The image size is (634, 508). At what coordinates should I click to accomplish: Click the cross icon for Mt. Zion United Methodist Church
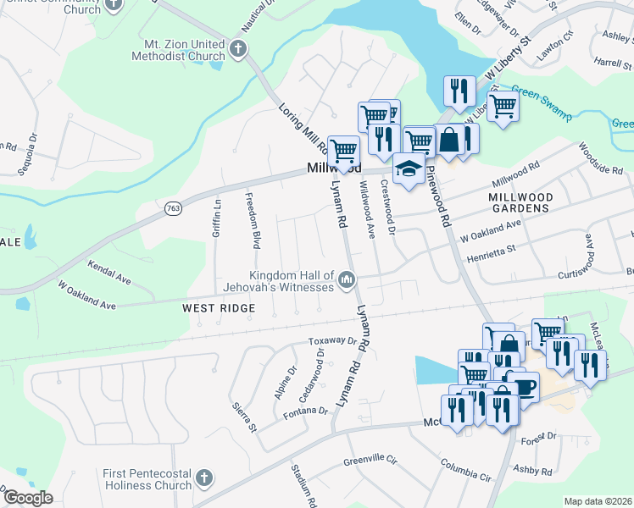237,47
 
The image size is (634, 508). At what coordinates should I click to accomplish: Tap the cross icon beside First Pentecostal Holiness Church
203,479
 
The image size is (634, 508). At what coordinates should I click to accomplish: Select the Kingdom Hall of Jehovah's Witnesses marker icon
346,280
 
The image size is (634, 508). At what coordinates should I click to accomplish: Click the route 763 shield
174,207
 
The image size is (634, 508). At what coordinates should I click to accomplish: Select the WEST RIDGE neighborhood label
219,309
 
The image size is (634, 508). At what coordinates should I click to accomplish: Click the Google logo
28,498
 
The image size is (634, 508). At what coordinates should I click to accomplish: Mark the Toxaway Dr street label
331,341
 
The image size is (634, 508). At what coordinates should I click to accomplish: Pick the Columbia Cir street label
465,471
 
